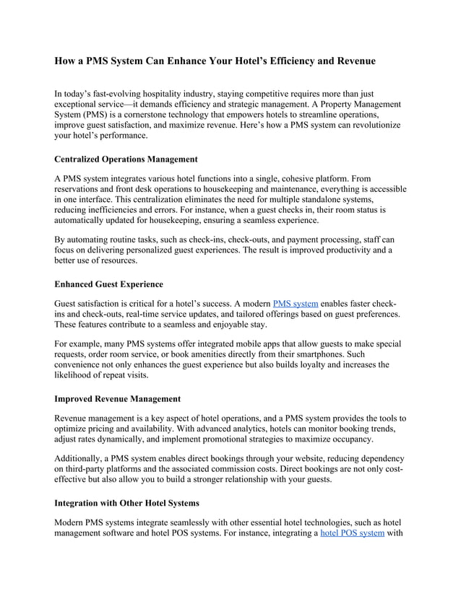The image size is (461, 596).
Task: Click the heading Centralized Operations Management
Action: [x=126, y=158]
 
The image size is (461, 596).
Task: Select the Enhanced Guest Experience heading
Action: [x=109, y=284]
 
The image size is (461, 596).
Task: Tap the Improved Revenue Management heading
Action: [x=118, y=398]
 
